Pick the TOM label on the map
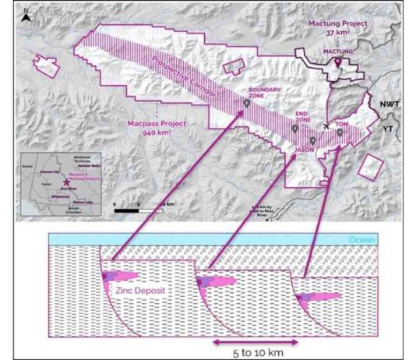tap(341, 124)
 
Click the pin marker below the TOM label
tap(340, 132)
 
